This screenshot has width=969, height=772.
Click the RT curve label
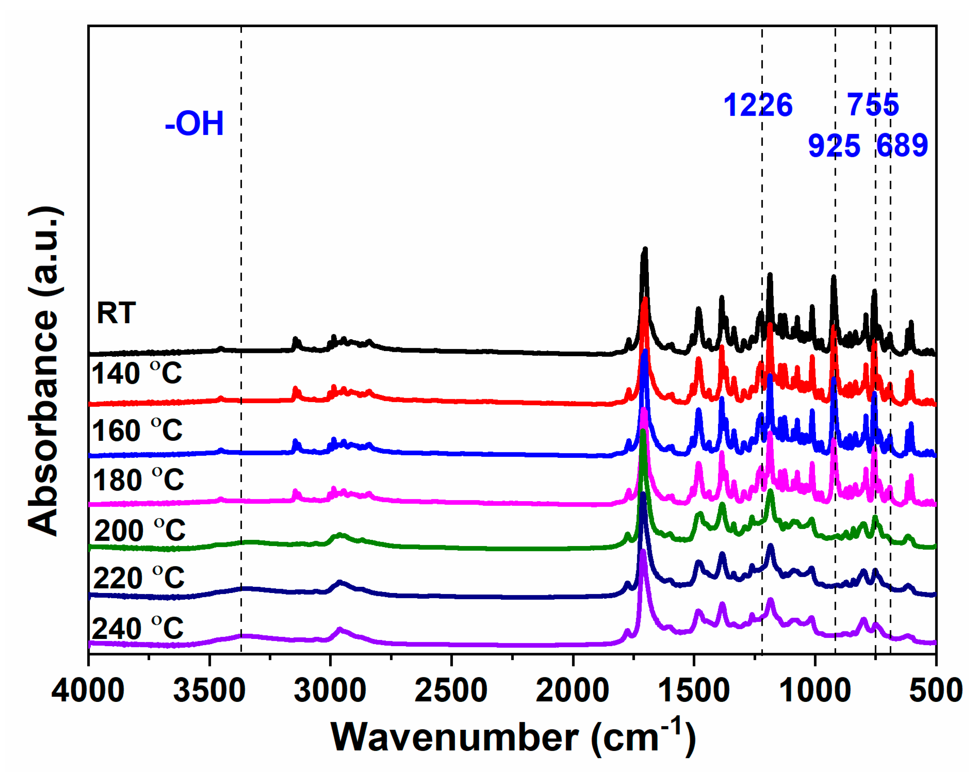[116, 313]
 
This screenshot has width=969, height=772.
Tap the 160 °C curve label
[137, 430]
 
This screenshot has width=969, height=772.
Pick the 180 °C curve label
[138, 479]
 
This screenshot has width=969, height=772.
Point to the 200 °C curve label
[139, 530]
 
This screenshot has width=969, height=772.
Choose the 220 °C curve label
[139, 578]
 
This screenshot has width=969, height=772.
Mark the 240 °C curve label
[137, 628]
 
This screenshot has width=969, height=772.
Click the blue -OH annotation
[194, 123]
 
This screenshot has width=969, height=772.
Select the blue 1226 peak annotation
[758, 105]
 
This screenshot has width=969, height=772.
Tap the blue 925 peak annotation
[834, 146]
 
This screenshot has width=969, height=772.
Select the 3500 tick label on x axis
[209, 691]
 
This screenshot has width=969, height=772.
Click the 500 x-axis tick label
[936, 691]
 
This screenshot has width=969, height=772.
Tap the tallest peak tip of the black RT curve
[645, 248]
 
